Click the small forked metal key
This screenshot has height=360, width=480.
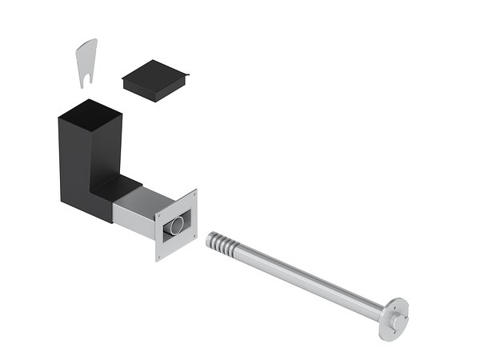point(86,58)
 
